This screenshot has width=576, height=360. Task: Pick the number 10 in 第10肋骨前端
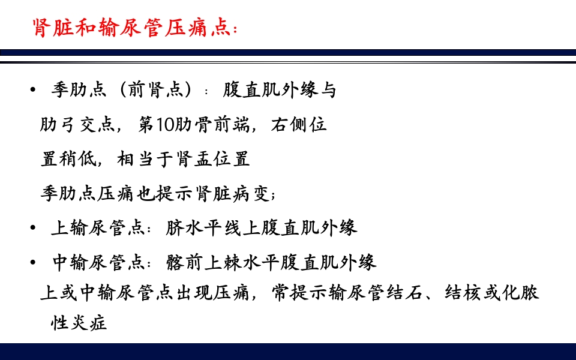(166, 125)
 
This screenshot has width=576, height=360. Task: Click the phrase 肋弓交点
(77, 125)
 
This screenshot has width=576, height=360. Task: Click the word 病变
(252, 194)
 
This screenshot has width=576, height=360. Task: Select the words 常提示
(298, 293)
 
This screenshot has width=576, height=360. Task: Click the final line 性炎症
(79, 324)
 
